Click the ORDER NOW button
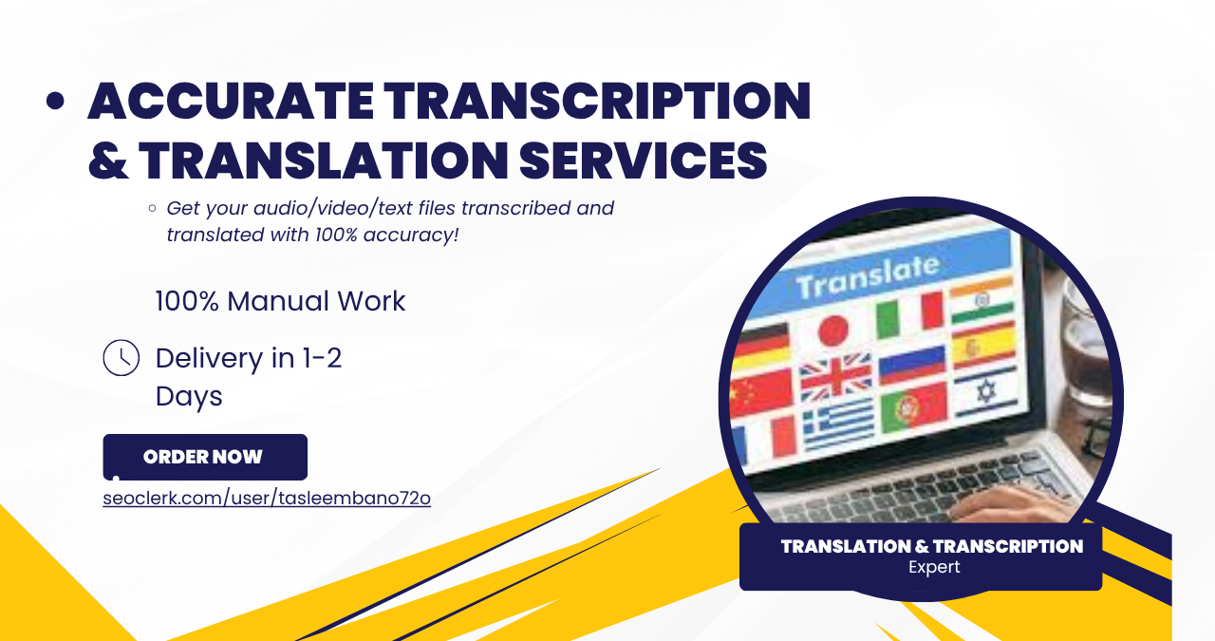205,457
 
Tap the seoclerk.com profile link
267,499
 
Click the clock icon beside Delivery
121,358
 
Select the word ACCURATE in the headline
231,101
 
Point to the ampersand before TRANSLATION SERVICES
108,160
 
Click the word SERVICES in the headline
643,160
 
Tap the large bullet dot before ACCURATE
55,101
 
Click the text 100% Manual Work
280,301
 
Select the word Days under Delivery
189,397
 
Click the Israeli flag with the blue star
986,391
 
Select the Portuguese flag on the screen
914,406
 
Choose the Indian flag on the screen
981,300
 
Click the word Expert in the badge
934,567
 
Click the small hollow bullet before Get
153,208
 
